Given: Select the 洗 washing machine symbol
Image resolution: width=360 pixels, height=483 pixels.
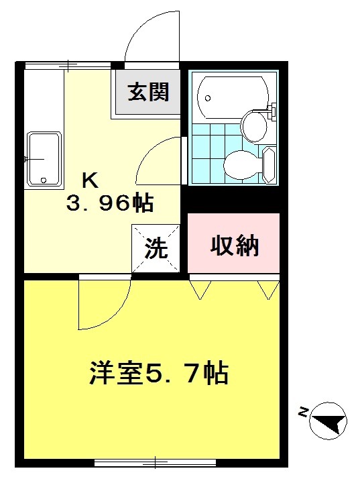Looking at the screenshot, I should click(x=156, y=249).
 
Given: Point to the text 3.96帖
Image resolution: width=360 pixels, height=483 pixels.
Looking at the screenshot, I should click(x=110, y=202).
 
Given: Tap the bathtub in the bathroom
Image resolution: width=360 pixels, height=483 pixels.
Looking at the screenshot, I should click(x=232, y=96).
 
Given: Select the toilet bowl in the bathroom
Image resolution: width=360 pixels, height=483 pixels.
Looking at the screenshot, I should click(x=239, y=163).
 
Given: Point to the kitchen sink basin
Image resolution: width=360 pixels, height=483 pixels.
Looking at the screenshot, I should click(x=44, y=158).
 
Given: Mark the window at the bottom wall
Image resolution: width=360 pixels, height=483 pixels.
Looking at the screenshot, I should click(x=155, y=462).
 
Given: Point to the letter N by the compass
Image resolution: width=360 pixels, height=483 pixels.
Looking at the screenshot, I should click(x=303, y=413).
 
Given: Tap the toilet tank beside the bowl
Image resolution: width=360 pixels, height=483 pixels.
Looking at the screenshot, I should click(x=269, y=164).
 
